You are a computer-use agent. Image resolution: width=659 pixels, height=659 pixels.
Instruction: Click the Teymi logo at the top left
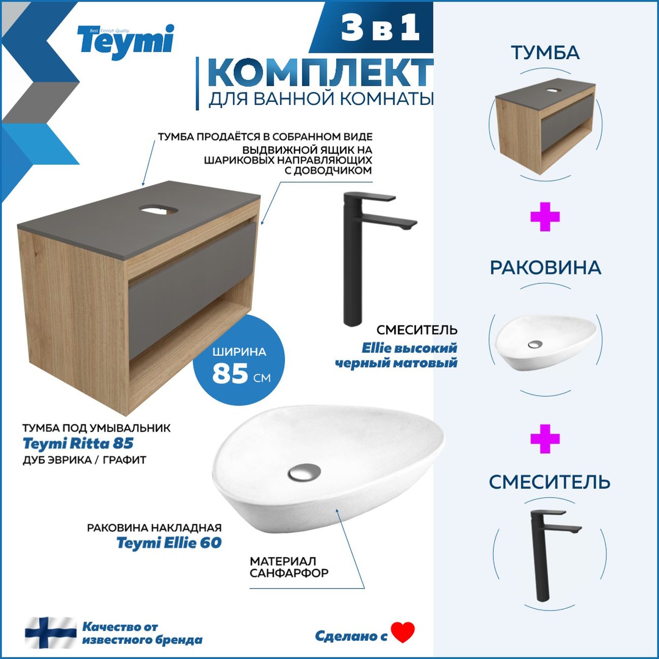coord(126,41)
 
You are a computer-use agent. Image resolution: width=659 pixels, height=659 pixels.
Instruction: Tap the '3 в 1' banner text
coord(381,28)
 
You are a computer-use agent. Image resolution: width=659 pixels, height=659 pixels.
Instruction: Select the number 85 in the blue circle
coord(230,374)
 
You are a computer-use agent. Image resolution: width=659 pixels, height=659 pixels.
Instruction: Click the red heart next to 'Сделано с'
coord(403,632)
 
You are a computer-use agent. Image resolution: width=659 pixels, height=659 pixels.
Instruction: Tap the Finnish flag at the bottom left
coord(51,633)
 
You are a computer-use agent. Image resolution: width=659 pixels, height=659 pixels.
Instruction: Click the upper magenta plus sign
coord(545,217)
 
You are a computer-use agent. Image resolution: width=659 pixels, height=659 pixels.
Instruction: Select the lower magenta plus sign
coord(545,438)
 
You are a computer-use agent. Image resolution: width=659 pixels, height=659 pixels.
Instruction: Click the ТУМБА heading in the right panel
coord(545,53)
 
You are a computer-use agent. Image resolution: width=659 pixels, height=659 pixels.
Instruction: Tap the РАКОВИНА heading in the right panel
coord(545,268)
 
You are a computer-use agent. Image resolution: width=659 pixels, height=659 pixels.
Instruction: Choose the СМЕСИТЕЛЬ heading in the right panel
coord(550,482)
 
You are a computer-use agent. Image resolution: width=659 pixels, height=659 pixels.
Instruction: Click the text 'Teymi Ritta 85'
coord(78,444)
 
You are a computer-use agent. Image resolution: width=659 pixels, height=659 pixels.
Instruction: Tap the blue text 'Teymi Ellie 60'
coord(169,543)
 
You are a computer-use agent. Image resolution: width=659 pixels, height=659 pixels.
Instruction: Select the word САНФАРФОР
coord(289,573)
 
